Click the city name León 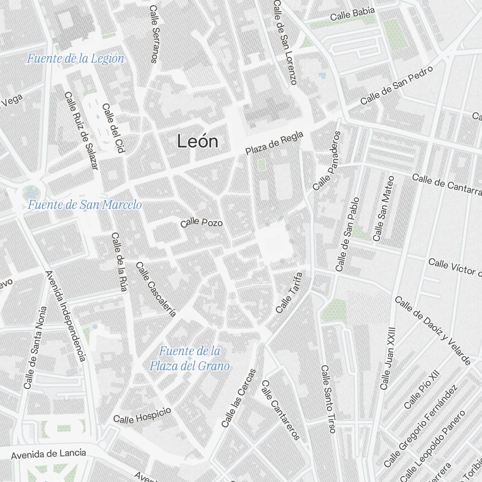198,142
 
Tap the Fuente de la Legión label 75,59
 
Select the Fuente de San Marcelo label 85,205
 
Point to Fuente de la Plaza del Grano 189,358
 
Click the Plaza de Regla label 274,143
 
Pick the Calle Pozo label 201,223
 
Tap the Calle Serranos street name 154,34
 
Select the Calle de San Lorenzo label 284,42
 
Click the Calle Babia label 352,15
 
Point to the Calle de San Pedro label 396,85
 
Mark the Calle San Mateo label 384,208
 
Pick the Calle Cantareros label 281,410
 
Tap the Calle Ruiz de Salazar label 81,130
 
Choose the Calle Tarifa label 289,293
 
